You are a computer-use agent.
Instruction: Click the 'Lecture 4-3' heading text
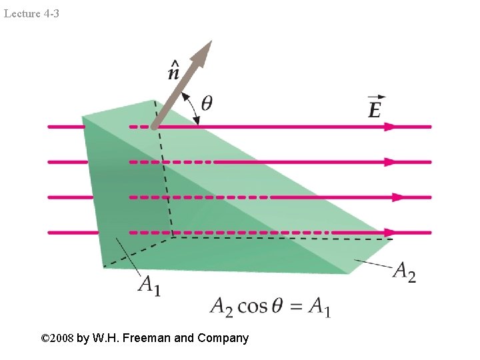pyautogui.click(x=31, y=13)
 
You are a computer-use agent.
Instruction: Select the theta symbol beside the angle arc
pyautogui.click(x=207, y=103)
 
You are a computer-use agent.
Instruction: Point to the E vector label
pyautogui.click(x=375, y=107)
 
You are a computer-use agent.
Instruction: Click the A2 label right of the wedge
pyautogui.click(x=404, y=271)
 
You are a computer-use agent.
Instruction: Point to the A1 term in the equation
pyautogui.click(x=318, y=307)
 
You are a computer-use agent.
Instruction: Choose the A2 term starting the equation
pyautogui.click(x=222, y=307)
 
